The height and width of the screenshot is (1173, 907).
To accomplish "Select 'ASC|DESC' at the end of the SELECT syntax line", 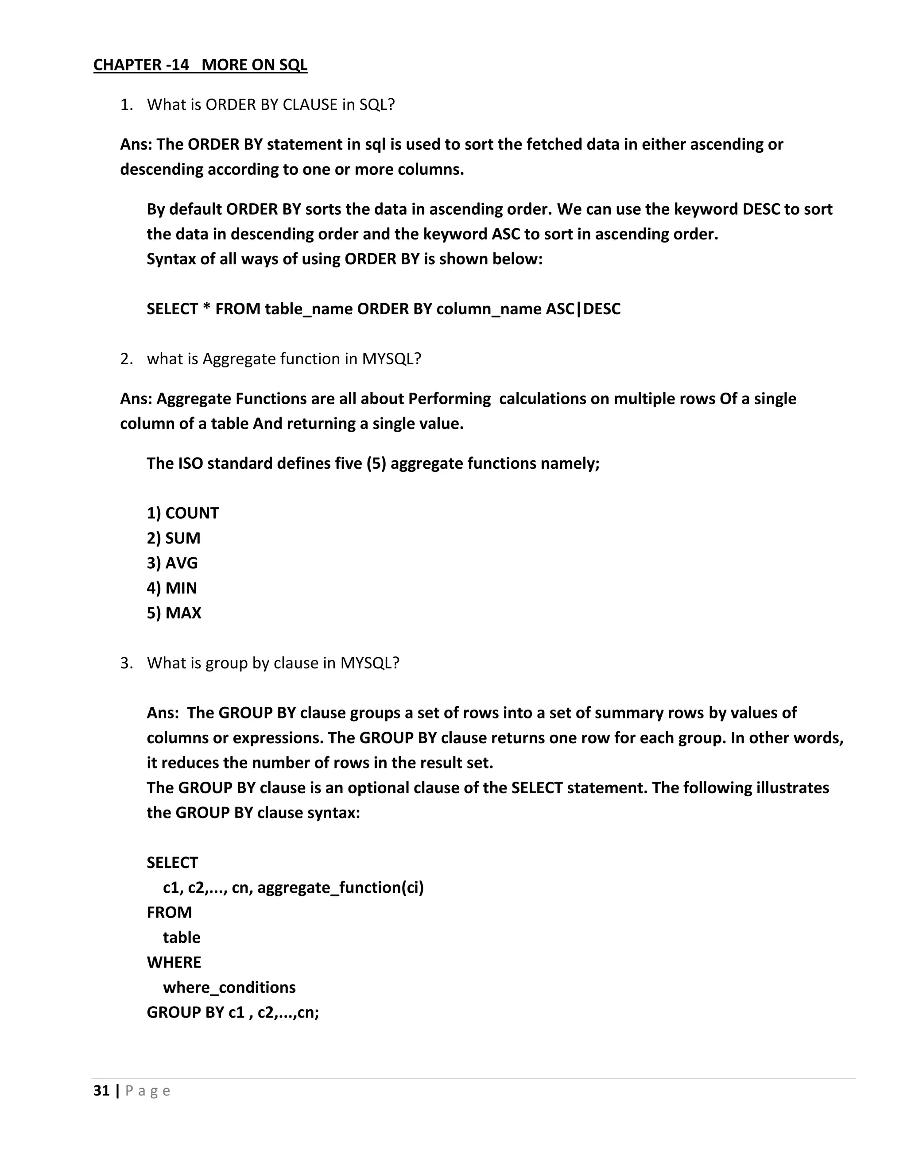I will tap(583, 309).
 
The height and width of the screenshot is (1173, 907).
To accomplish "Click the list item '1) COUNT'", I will tap(183, 513).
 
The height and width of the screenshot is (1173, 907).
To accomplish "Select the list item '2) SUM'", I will tap(174, 538).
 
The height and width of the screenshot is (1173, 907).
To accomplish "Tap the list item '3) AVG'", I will tap(172, 563).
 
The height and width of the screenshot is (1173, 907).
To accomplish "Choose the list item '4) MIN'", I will tap(172, 588).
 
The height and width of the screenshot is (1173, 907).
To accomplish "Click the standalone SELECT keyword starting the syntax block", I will tap(172, 863).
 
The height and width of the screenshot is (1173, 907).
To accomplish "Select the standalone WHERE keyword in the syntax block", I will tap(174, 962).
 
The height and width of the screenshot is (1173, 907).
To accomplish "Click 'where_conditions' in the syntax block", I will tap(229, 988).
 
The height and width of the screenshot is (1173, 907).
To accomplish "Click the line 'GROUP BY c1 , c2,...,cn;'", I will tap(233, 1013).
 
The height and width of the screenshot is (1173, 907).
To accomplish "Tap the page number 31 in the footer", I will tap(101, 1091).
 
